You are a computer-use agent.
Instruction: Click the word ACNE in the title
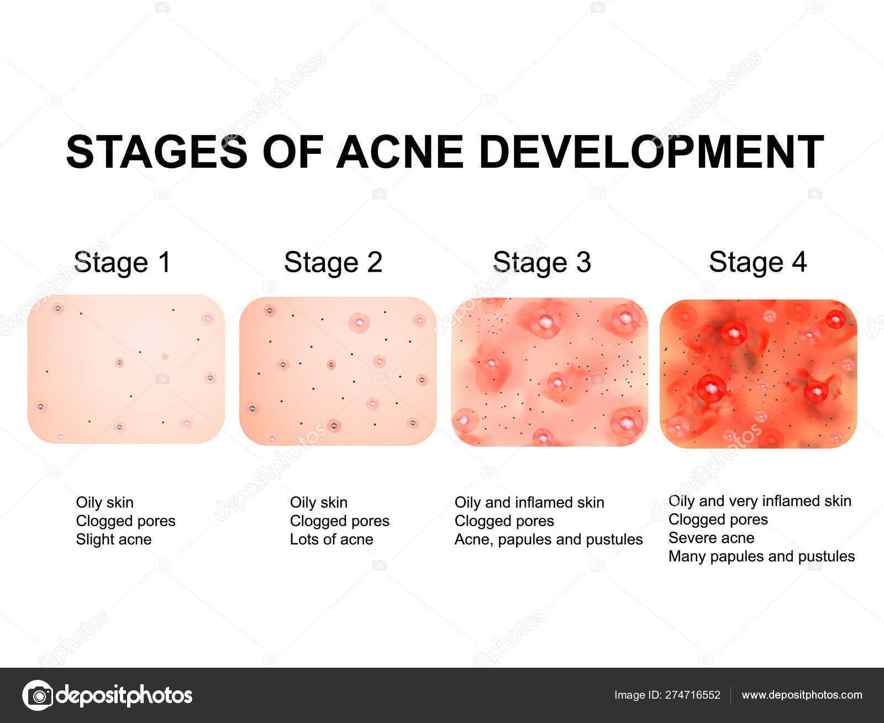click(399, 152)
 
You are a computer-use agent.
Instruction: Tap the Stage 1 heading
click(122, 262)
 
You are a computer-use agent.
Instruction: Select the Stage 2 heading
click(333, 262)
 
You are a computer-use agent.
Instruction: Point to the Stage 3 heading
click(541, 262)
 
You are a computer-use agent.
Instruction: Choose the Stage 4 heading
click(757, 262)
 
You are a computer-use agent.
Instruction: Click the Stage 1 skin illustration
click(126, 369)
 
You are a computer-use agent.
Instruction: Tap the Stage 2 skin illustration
click(338, 371)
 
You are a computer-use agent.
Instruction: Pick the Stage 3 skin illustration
click(549, 372)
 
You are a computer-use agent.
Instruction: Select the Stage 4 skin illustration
click(759, 373)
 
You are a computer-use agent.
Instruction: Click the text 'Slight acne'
click(114, 539)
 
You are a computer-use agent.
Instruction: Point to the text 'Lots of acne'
click(331, 539)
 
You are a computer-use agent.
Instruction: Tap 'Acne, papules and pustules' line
click(549, 539)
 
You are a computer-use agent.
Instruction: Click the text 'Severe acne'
click(711, 538)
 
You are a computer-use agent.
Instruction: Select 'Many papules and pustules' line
click(761, 556)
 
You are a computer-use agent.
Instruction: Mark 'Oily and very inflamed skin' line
click(760, 501)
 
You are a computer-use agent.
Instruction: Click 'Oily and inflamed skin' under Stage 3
click(529, 502)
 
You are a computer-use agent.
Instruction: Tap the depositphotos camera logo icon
click(38, 695)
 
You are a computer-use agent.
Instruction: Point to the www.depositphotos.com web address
click(802, 695)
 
